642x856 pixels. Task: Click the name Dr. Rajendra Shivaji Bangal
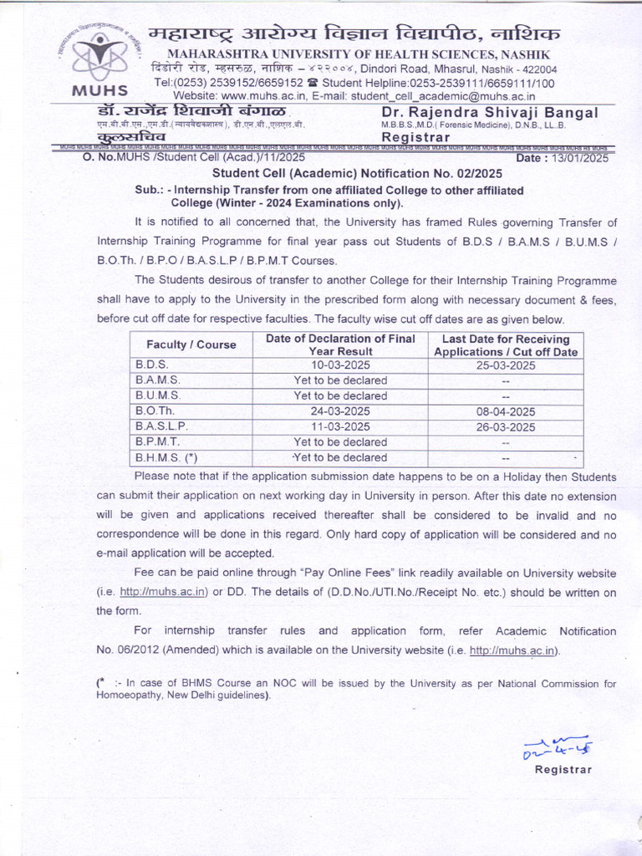pyautogui.click(x=489, y=113)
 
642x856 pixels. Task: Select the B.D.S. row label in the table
pyautogui.click(x=152, y=365)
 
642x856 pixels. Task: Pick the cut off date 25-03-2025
pyautogui.click(x=506, y=365)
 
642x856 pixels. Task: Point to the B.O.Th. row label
pyautogui.click(x=155, y=411)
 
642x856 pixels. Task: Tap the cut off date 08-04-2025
pyautogui.click(x=506, y=411)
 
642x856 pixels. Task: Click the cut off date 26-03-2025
pyautogui.click(x=506, y=426)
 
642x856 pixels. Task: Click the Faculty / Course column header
pyautogui.click(x=191, y=344)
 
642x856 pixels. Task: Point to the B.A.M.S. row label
pyautogui.click(x=157, y=380)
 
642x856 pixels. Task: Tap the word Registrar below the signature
pyautogui.click(x=563, y=770)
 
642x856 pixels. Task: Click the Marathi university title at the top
pyautogui.click(x=354, y=35)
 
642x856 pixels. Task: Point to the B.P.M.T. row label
pyautogui.click(x=157, y=441)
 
